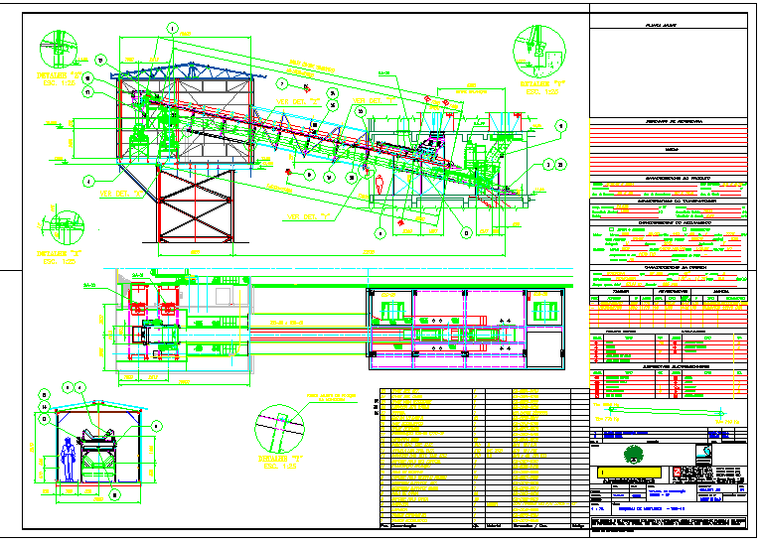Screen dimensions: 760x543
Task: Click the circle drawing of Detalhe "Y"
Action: [536, 48]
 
